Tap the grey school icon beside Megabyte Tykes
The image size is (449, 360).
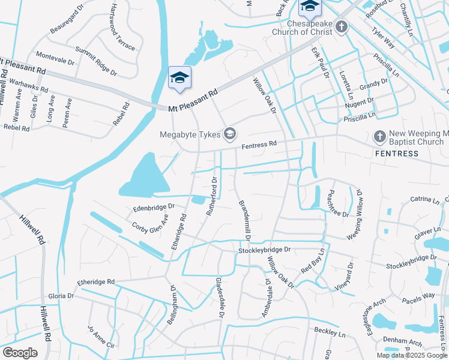pos(229,133)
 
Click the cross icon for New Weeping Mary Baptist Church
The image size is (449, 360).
pos(379,137)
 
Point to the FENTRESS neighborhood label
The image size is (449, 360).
pos(397,154)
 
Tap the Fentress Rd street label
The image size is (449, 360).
pos(259,145)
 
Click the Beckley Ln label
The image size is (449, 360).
pos(330,331)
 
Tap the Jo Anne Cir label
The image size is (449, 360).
pos(100,338)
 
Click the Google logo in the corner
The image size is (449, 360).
pos(20,353)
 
